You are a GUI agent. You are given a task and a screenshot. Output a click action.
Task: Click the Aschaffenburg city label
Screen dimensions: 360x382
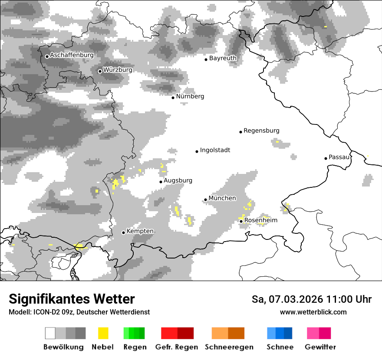(x=72, y=56)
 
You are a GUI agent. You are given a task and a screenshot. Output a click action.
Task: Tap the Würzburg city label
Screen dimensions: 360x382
(x=118, y=70)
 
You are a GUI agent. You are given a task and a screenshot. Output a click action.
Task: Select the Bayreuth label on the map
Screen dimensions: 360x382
(x=223, y=58)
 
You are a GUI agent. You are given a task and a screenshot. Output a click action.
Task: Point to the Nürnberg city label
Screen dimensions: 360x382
(x=190, y=96)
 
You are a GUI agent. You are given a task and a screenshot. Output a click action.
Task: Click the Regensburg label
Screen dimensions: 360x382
(x=261, y=131)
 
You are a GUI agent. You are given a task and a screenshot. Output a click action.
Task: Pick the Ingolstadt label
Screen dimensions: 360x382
(x=215, y=151)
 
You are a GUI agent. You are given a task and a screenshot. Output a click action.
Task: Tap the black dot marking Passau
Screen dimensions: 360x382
(x=326, y=158)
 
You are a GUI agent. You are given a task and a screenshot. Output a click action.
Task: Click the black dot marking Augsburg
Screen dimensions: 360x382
(x=161, y=182)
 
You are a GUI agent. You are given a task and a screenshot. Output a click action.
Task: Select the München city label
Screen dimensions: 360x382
(x=222, y=198)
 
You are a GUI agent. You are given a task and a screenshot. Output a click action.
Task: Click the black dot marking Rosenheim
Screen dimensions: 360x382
(x=241, y=221)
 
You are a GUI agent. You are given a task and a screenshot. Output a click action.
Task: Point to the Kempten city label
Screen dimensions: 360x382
(x=140, y=231)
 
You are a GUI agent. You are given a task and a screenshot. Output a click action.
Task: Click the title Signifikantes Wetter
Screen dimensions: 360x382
(x=72, y=299)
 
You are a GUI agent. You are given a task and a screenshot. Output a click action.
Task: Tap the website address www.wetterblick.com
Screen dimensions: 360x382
(x=313, y=312)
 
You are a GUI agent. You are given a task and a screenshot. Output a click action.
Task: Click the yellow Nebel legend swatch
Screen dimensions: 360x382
(x=103, y=333)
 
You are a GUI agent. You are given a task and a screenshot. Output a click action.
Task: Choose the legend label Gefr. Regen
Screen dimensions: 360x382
(x=177, y=347)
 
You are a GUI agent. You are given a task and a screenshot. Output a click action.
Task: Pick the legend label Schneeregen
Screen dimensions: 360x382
(x=229, y=347)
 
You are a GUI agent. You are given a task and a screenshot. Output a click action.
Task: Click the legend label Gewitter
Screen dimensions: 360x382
(x=320, y=347)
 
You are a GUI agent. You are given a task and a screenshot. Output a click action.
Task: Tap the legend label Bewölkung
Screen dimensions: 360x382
(x=63, y=347)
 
